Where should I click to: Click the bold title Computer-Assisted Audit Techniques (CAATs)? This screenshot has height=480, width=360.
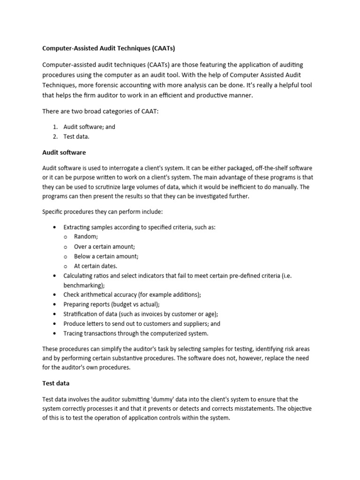(x=108, y=48)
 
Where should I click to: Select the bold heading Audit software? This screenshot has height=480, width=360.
(x=64, y=152)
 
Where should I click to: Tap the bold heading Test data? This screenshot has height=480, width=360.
(x=56, y=383)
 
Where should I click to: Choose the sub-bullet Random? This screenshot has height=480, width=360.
(x=86, y=237)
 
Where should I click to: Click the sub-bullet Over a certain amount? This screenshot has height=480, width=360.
(x=104, y=247)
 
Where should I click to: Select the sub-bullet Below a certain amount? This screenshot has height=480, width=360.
(x=106, y=256)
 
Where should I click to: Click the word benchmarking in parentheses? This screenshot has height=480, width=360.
(x=83, y=285)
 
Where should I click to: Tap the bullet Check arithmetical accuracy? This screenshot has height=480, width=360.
(x=132, y=295)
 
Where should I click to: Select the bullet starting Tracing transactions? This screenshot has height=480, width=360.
(x=135, y=333)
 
